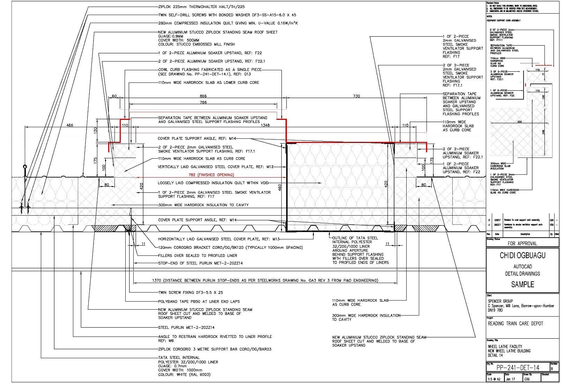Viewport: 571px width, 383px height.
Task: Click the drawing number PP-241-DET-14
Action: [x=518, y=367]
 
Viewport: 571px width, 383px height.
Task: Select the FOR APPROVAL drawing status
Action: [x=522, y=243]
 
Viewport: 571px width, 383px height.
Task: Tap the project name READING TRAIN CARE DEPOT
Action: [x=516, y=324]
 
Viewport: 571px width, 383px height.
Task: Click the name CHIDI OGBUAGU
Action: [x=522, y=255]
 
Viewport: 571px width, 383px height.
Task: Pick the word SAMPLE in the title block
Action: [x=522, y=284]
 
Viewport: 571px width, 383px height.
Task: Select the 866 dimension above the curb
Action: [x=203, y=96]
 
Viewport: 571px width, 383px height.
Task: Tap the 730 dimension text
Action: [x=356, y=96]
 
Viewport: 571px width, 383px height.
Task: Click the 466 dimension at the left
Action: [x=70, y=125]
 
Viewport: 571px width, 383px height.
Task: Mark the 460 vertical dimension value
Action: [x=280, y=188]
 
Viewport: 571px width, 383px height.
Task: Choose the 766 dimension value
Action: [x=203, y=102]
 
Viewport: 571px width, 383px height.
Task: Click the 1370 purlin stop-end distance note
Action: [x=265, y=280]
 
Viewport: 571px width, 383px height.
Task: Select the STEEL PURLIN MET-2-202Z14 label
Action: [x=186, y=327]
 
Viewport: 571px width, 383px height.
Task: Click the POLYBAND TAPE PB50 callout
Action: [x=199, y=301]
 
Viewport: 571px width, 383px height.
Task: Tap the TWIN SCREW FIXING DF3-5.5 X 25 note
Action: [x=191, y=292]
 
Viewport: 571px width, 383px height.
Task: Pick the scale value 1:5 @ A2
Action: [x=494, y=379]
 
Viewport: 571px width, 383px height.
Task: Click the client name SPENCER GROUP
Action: [x=500, y=301]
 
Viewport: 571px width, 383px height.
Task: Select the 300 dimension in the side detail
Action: [x=519, y=122]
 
